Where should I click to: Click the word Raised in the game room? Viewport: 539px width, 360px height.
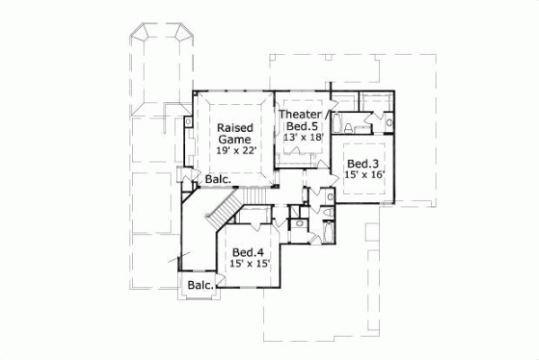233,128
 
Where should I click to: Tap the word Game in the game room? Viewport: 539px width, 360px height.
232,140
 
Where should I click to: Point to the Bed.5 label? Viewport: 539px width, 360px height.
300,127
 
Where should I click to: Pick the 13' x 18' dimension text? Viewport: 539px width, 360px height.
301,138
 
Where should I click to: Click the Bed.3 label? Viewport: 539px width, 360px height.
363,163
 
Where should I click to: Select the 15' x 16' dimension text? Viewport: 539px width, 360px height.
364,175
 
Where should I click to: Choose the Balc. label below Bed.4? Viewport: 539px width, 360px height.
200,285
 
